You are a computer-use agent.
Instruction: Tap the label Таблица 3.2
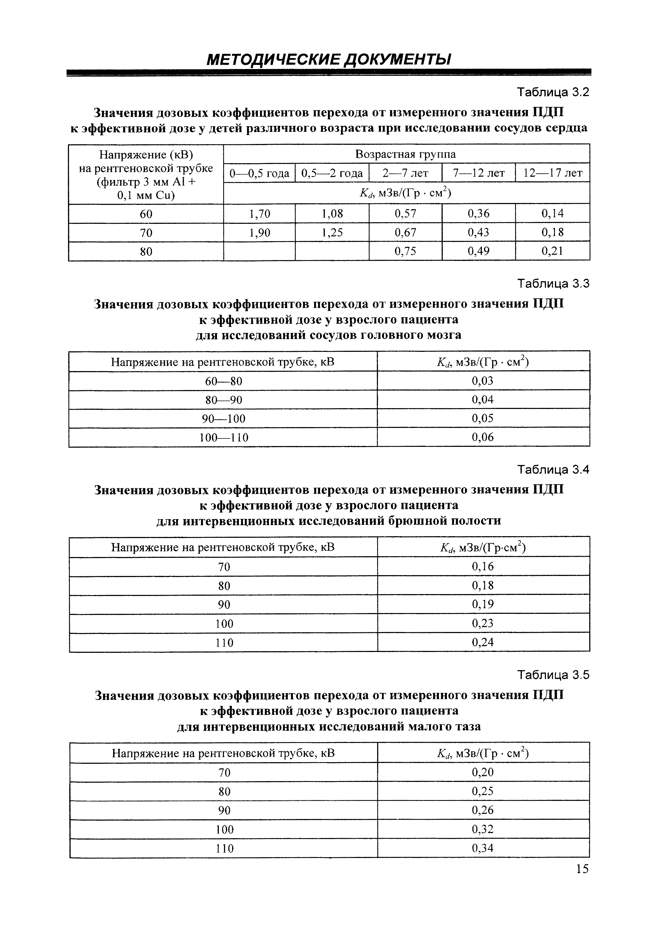[553, 93]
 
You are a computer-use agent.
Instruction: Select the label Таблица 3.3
[553, 284]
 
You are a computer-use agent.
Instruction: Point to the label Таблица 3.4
[553, 470]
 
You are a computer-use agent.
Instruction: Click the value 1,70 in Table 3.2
[259, 214]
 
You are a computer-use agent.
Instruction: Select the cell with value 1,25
[332, 232]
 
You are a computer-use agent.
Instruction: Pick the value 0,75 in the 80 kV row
[405, 251]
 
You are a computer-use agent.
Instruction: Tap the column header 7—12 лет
[479, 173]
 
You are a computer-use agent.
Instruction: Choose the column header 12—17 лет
[552, 173]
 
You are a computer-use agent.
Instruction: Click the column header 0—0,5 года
[259, 173]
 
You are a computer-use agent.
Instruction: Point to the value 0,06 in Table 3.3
[483, 437]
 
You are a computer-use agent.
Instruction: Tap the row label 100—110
[223, 438]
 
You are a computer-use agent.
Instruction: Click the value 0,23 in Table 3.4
[483, 623]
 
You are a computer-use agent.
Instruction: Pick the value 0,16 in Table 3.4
[483, 566]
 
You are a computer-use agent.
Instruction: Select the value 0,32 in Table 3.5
[483, 829]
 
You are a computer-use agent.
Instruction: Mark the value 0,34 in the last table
[483, 848]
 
